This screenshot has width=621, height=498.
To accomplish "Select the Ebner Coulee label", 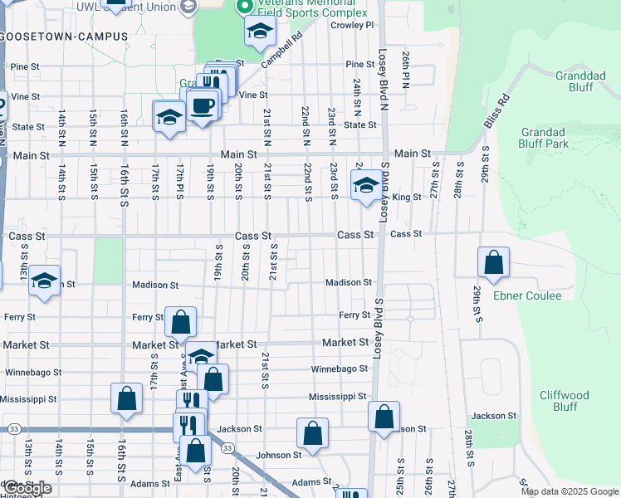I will point(528,295).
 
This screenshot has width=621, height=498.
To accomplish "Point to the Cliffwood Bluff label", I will point(564,401).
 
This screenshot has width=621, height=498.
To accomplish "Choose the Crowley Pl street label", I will point(353,26).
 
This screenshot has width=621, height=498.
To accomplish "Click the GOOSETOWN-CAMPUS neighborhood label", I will point(65,37).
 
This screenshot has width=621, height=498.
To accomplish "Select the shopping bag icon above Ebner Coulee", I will point(494,262).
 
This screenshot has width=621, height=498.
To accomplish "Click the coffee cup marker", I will point(202,106).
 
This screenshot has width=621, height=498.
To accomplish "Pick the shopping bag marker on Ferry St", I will point(180,321).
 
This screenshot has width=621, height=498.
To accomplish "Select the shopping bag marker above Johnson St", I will point(312,433).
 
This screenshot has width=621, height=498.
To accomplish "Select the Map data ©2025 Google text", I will point(569,491).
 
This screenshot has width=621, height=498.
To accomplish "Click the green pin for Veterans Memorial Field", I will point(244,7).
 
